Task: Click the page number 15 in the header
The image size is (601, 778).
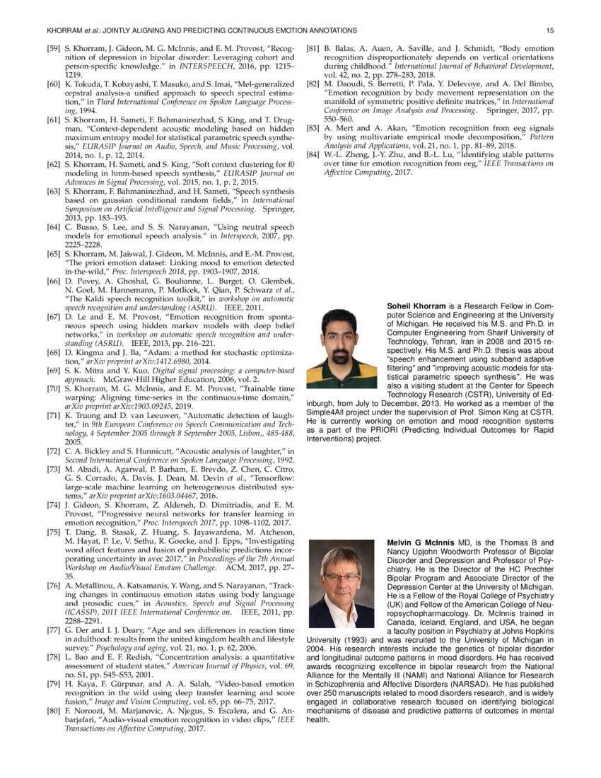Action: pyautogui.click(x=551, y=30)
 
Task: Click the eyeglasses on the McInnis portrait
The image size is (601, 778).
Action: pyautogui.click(x=342, y=577)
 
